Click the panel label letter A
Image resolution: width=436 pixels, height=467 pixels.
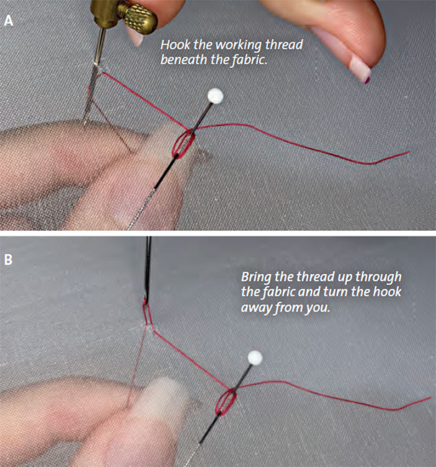click(9, 21)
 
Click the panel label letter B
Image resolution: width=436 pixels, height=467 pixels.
click(8, 260)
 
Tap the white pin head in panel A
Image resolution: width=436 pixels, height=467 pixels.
click(215, 96)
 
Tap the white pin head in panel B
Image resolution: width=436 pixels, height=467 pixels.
click(255, 357)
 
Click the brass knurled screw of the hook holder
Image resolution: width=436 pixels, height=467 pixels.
click(140, 19)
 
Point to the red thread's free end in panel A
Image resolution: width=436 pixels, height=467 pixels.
click(409, 152)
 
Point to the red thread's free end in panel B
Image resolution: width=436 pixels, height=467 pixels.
click(430, 398)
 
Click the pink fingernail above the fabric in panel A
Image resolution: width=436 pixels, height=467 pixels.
click(360, 69)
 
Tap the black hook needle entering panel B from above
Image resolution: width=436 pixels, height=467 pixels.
click(148, 268)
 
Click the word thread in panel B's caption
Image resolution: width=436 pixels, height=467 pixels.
click(315, 276)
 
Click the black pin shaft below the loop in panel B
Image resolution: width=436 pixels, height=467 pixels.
click(210, 428)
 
